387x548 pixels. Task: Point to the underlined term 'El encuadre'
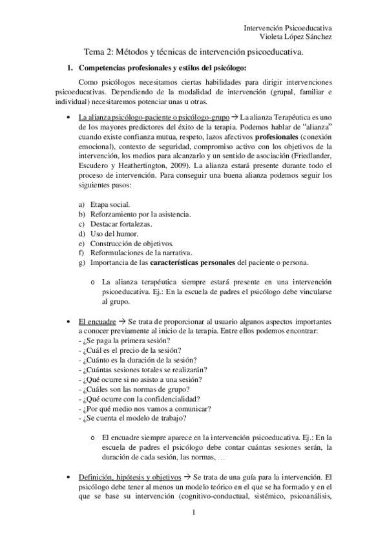(x=97, y=321)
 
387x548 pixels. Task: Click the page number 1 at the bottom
(x=193, y=514)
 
